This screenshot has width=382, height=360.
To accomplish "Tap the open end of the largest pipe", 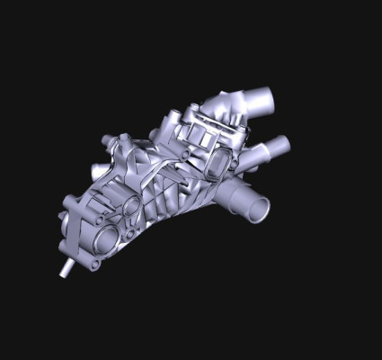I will pyautogui.click(x=258, y=209).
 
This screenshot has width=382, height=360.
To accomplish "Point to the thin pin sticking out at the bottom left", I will pyautogui.click(x=66, y=269).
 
